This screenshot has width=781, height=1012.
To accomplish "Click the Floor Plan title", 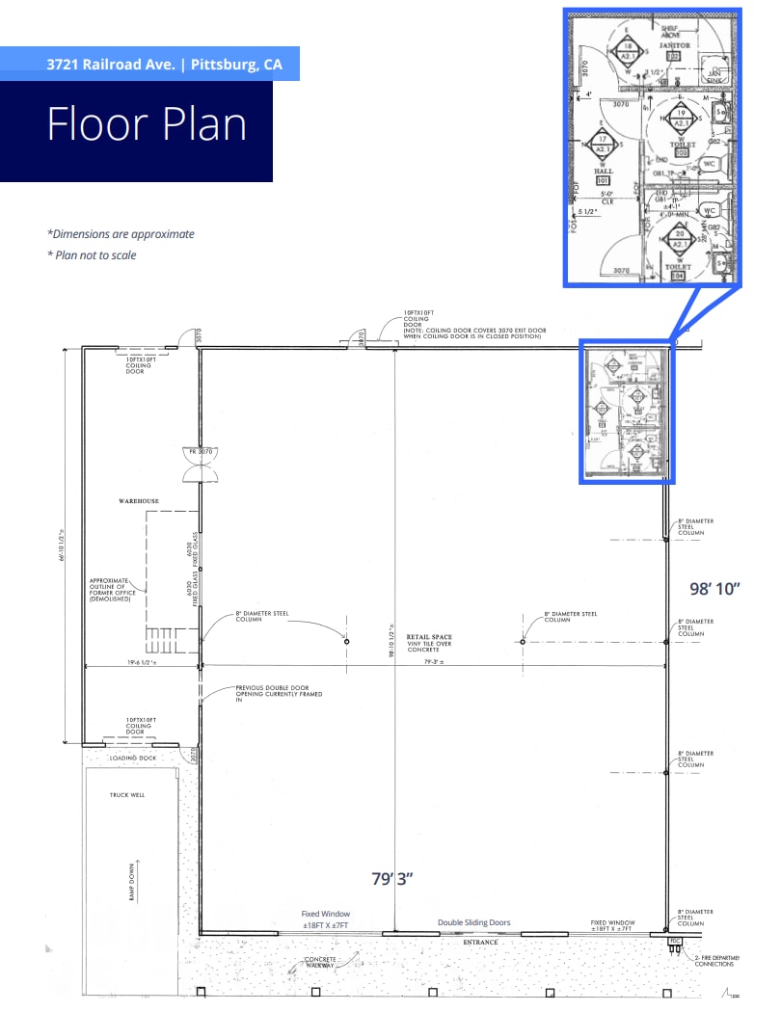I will tap(147, 125).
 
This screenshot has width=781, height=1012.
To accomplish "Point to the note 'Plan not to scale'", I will tap(92, 255).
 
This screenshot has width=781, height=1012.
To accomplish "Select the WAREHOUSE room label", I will tap(138, 502).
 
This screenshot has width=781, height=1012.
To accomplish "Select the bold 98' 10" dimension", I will tap(714, 588).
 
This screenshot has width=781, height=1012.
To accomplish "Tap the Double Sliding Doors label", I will tap(473, 922).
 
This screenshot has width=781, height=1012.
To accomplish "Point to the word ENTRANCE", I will tap(480, 943).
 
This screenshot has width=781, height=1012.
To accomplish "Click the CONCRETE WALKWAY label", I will tap(319, 965).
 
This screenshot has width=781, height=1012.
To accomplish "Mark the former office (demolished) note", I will tap(115, 588).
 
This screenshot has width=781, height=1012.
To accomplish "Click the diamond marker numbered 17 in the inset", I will tap(601, 145).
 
